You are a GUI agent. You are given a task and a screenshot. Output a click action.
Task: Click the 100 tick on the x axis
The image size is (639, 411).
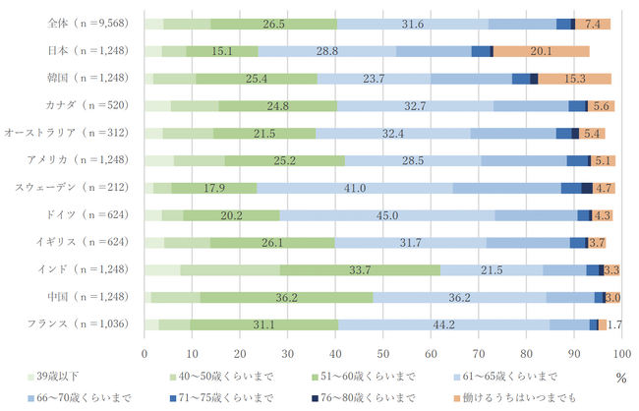point(621,352)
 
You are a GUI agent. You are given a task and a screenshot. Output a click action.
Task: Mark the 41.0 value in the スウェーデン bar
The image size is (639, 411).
point(355,187)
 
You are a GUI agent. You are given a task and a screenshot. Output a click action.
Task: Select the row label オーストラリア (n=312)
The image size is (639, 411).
point(71,133)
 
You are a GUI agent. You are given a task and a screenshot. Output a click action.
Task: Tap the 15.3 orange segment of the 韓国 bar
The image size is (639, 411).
point(575,78)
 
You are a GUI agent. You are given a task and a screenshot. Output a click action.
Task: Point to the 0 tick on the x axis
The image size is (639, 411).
point(145,352)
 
